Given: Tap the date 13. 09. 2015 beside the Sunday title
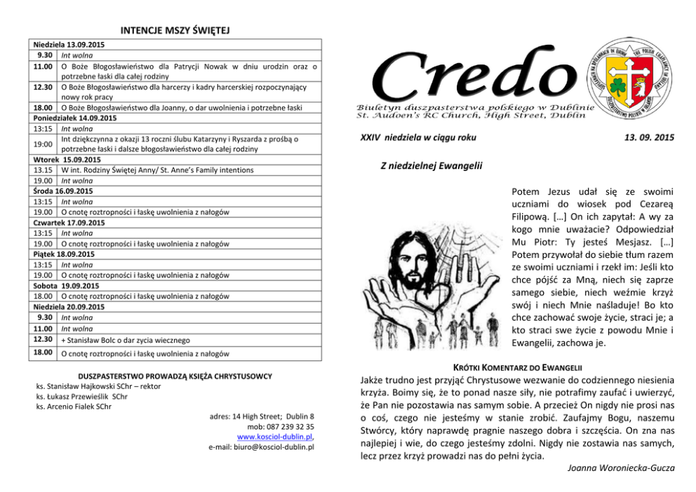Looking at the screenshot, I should pos(648,137).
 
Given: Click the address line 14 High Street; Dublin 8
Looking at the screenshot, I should pos(262,416).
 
